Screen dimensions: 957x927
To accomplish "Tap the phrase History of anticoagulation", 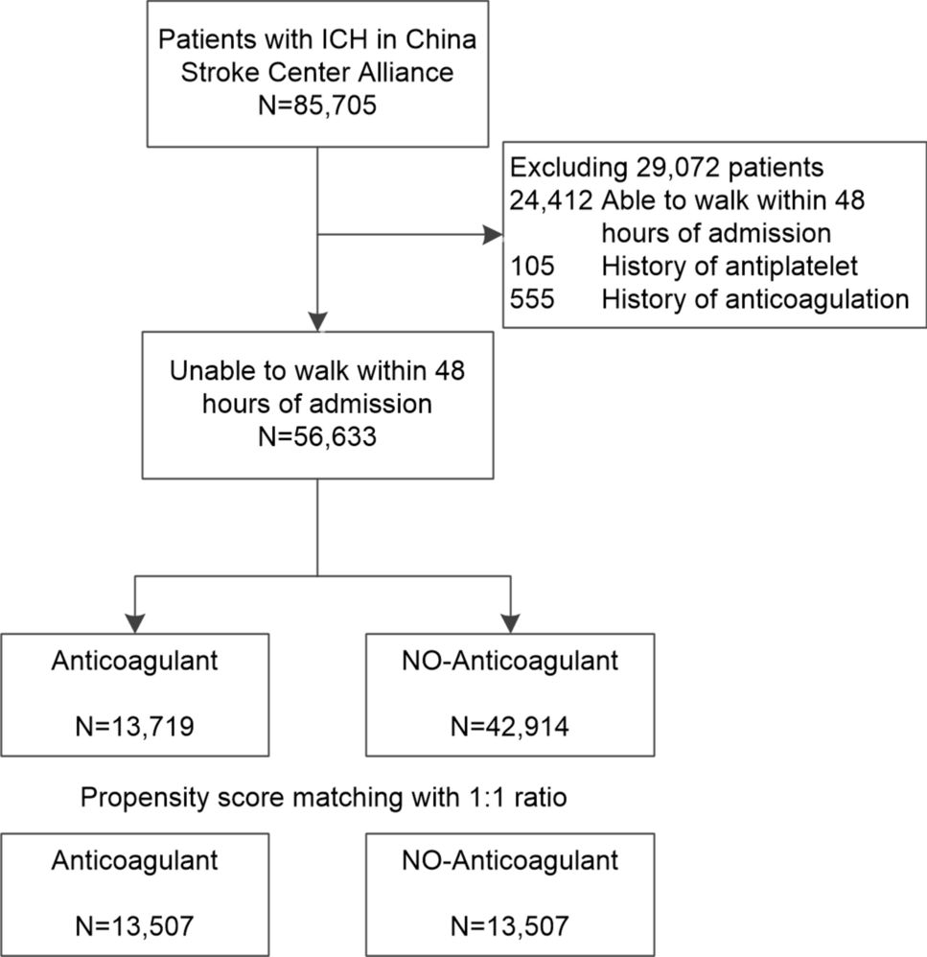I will click(754, 299).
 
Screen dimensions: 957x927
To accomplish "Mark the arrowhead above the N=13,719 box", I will click(136, 621).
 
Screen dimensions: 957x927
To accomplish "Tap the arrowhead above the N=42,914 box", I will click(510, 621).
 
